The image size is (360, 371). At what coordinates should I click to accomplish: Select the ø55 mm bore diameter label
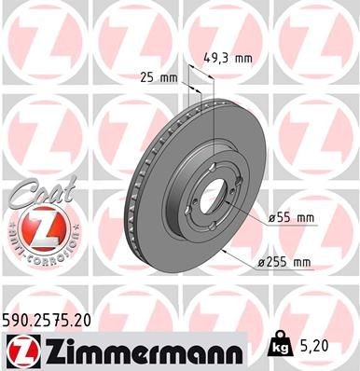point(292,218)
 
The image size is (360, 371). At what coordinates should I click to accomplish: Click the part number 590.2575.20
point(54,319)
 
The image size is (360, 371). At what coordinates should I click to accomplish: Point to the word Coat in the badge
point(33,193)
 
